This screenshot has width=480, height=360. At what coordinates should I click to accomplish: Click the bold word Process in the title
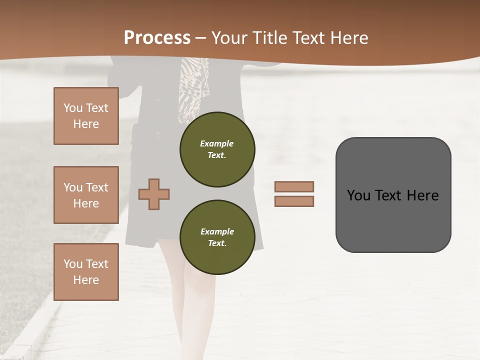click(157, 37)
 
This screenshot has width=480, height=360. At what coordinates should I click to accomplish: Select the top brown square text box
click(86, 116)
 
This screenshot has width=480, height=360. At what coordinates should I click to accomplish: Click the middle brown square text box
click(86, 195)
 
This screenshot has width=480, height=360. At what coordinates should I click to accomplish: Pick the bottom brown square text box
click(86, 272)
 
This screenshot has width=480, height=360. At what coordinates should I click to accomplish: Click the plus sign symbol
click(154, 194)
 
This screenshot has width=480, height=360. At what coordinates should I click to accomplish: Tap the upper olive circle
click(217, 149)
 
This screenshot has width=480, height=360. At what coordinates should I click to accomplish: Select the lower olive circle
click(217, 237)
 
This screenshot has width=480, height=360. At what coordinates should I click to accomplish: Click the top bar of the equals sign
click(294, 186)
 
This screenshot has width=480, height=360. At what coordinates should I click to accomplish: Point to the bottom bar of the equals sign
click(294, 201)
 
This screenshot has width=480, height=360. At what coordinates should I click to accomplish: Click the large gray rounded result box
click(393, 194)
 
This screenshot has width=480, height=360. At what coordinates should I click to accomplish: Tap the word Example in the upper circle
click(216, 143)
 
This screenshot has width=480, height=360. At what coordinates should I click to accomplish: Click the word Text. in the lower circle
click(217, 243)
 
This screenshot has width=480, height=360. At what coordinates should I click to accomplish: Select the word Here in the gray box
click(422, 195)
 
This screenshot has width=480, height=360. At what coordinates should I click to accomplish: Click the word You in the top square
click(72, 108)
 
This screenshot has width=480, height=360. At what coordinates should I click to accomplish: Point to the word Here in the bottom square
click(86, 280)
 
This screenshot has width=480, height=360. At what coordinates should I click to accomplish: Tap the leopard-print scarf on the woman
click(194, 85)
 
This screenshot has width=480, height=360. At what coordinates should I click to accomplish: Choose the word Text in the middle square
click(97, 187)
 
